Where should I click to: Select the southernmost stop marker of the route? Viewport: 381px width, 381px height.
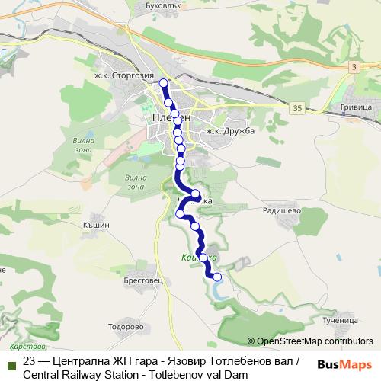click(x=217, y=277)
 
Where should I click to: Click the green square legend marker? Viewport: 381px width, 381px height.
click(x=11, y=363)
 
